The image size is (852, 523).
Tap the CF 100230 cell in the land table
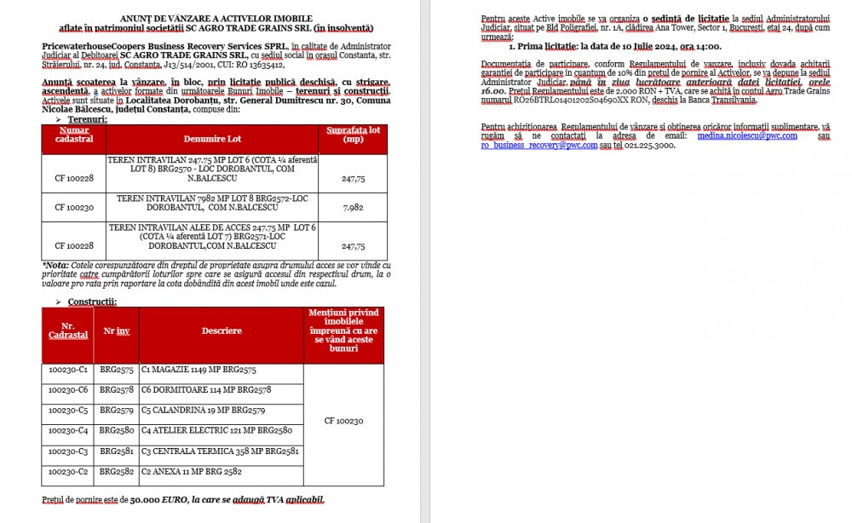tap(74, 207)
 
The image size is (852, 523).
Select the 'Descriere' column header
tap(222, 331)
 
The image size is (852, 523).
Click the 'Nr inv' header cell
tap(117, 331)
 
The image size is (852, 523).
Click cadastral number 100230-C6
tap(68, 389)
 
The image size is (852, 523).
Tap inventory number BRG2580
tap(117, 430)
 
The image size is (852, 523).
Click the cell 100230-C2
tap(68, 471)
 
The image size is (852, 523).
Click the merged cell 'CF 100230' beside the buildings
tap(343, 421)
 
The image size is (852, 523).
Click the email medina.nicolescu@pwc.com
tap(748, 135)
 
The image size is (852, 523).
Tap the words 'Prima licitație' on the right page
tap(545, 47)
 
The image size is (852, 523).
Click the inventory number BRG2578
tap(117, 389)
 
